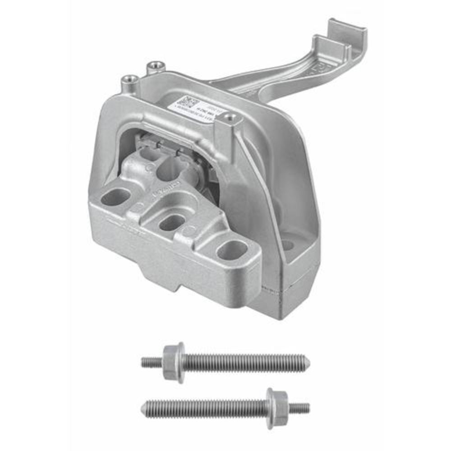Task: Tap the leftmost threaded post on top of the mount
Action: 130,81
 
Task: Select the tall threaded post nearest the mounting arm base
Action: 155,67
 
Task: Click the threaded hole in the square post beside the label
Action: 231,118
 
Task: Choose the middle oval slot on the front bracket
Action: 172,222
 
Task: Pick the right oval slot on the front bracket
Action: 232,249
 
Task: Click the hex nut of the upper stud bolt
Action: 174,362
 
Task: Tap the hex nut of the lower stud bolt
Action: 276,408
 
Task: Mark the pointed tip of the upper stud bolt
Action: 307,363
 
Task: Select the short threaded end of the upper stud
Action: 152,362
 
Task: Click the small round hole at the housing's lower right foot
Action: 287,245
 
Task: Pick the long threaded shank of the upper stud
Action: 244,363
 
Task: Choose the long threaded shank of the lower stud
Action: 207,408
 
